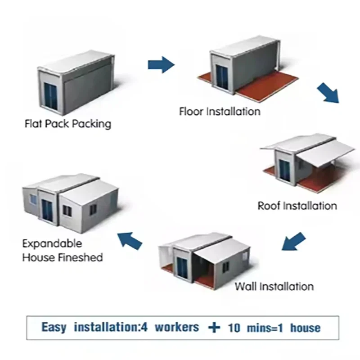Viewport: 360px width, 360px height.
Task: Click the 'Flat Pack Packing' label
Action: [x=67, y=123]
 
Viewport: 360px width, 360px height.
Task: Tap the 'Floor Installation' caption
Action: [x=219, y=111]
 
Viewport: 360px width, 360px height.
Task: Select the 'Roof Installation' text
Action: [x=297, y=206]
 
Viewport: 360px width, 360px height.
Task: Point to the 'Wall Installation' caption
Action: [x=274, y=286]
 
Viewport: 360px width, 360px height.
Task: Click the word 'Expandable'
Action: [x=52, y=244]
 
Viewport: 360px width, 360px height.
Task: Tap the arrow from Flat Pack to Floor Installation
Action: [x=161, y=65]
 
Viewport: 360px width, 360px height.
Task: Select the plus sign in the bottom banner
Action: [x=215, y=327]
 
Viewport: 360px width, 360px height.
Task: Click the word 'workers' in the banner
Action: [x=176, y=327]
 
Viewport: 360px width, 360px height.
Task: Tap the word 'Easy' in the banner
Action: [x=56, y=327]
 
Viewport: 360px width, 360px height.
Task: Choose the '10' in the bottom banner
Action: [x=234, y=327]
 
